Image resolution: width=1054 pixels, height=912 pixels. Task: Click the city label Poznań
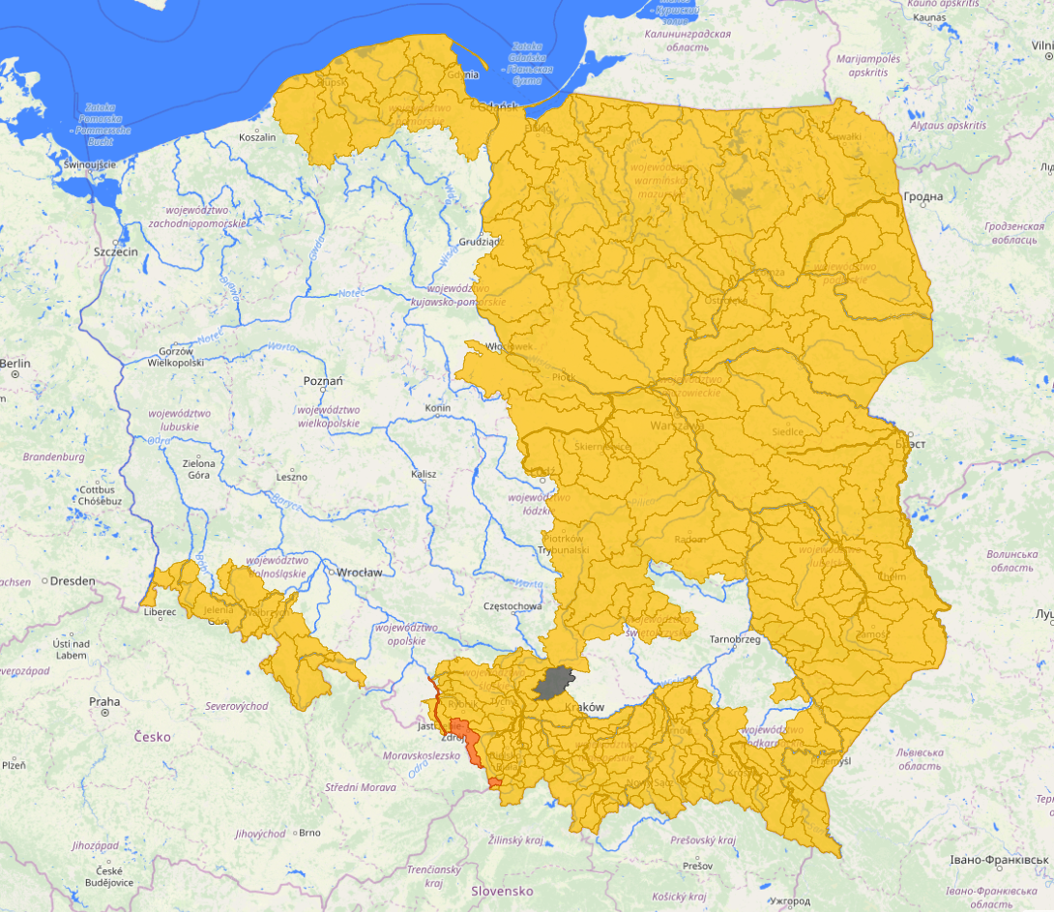pyautogui.click(x=323, y=381)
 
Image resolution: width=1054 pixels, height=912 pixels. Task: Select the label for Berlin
pyautogui.click(x=15, y=364)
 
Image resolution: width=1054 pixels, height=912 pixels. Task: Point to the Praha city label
pyautogui.click(x=104, y=701)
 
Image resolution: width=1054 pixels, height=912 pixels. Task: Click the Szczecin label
pyautogui.click(x=117, y=251)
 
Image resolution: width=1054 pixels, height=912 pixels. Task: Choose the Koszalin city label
pyautogui.click(x=256, y=137)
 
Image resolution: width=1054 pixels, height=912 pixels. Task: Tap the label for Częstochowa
pyautogui.click(x=512, y=606)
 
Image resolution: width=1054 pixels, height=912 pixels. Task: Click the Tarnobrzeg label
pyautogui.click(x=737, y=639)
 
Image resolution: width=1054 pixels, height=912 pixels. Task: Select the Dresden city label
pyautogui.click(x=73, y=581)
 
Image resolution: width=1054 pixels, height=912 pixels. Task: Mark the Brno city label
pyautogui.click(x=309, y=832)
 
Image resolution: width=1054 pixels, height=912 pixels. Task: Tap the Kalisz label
pyautogui.click(x=424, y=474)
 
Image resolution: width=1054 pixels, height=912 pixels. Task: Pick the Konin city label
pyautogui.click(x=437, y=408)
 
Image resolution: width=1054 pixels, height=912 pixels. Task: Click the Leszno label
pyautogui.click(x=291, y=477)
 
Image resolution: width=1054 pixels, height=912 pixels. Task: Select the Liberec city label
pyautogui.click(x=160, y=612)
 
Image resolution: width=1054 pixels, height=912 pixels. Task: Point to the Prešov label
pyautogui.click(x=696, y=865)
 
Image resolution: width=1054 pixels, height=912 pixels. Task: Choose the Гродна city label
pyautogui.click(x=922, y=197)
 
